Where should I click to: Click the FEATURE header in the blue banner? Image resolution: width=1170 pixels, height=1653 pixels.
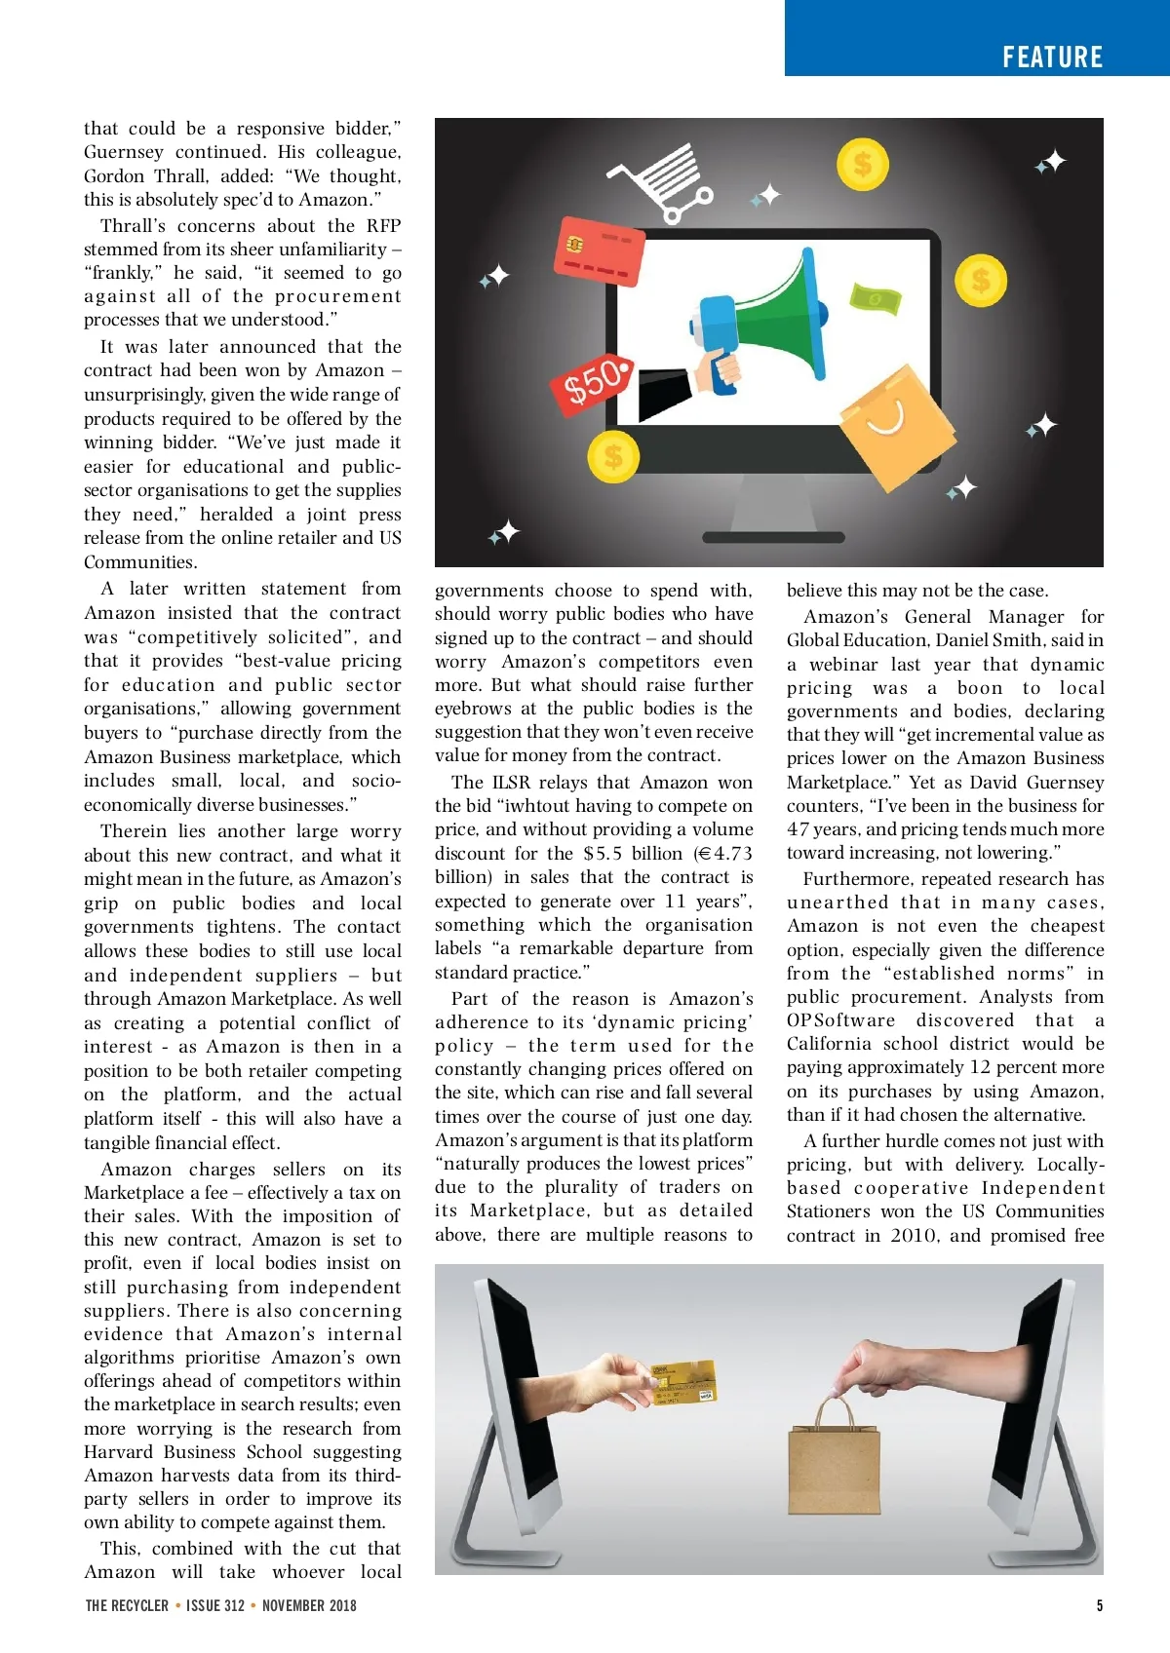tap(1052, 58)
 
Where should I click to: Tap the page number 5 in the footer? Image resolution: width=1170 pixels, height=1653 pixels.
tap(1100, 1605)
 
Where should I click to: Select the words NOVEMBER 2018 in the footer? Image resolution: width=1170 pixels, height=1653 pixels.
tap(309, 1605)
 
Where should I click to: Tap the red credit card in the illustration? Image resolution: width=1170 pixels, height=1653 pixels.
tap(600, 250)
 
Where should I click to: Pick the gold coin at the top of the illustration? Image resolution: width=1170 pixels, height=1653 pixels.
tap(862, 163)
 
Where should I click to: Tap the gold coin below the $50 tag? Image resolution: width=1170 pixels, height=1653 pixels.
tap(613, 455)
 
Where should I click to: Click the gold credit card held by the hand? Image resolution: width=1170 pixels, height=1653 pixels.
tap(683, 1382)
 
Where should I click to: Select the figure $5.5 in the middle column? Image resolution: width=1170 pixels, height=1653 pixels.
tap(602, 854)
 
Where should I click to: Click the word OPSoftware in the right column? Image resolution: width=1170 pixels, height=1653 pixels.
tap(840, 1020)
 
